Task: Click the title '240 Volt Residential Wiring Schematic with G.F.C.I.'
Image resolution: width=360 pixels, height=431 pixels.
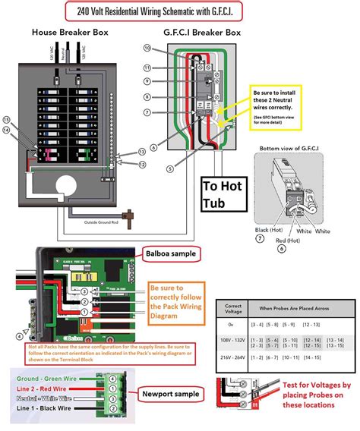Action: [x=179, y=11]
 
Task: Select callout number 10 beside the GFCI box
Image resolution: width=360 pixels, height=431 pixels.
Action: [x=147, y=49]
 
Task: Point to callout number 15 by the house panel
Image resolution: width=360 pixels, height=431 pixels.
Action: [x=7, y=120]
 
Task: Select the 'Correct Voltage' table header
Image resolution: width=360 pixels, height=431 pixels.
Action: [x=232, y=307]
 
